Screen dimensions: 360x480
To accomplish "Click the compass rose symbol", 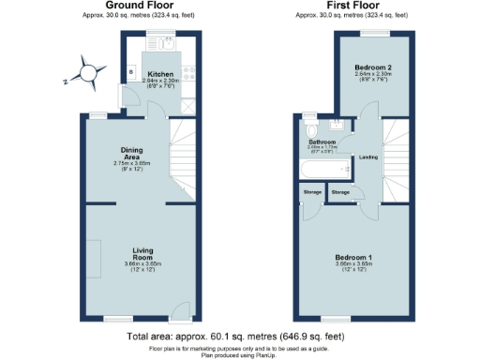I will click(x=88, y=72).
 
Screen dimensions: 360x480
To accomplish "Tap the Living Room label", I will click(x=142, y=252).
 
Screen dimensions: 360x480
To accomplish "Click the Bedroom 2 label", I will click(x=372, y=68).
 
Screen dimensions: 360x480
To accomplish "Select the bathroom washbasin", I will click(x=334, y=125).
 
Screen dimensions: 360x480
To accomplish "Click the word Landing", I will click(x=368, y=157).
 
